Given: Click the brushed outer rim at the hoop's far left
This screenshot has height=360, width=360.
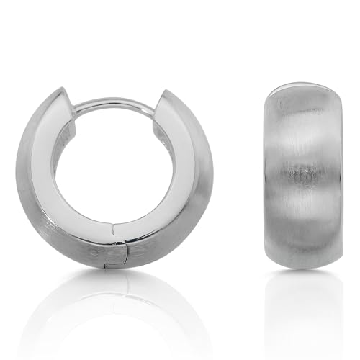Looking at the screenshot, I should point(23,180).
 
